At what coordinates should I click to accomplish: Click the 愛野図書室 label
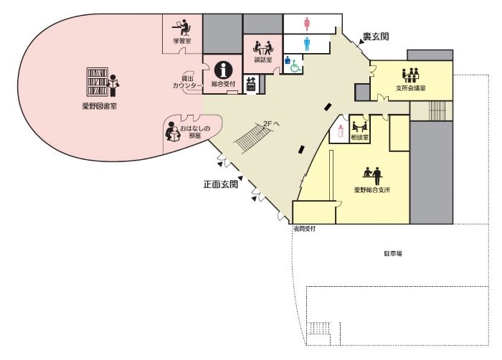(x=99, y=105)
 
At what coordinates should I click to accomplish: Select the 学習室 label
(x=182, y=41)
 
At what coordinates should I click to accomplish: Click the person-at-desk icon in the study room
(x=182, y=29)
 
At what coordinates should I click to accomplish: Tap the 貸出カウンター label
(x=188, y=82)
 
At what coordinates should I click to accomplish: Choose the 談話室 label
(x=262, y=61)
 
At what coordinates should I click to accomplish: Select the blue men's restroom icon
(x=308, y=43)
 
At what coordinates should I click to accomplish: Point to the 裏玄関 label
(x=374, y=37)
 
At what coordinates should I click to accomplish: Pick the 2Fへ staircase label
(x=271, y=123)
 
